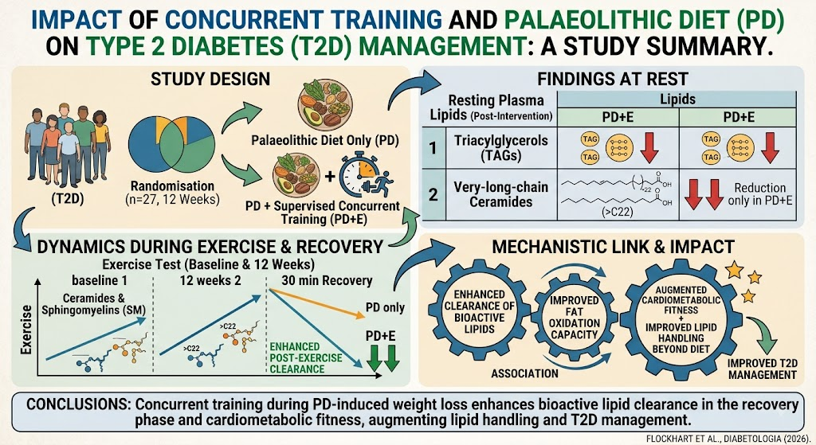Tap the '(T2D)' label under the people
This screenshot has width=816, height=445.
(x=68, y=199)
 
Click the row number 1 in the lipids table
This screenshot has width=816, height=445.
(x=433, y=148)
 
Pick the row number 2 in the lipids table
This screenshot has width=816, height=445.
(x=433, y=194)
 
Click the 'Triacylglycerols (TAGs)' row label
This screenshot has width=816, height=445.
(x=500, y=148)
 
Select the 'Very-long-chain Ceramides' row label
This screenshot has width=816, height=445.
(x=500, y=194)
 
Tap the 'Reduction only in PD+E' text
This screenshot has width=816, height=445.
(x=759, y=194)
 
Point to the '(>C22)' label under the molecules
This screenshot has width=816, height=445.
(x=618, y=212)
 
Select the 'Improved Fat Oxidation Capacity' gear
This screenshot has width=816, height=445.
(x=574, y=318)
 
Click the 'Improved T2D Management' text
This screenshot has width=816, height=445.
(x=762, y=369)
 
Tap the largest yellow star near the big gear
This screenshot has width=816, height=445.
(x=734, y=269)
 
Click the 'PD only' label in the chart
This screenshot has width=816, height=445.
(x=385, y=307)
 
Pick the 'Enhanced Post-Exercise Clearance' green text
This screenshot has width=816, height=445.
(x=305, y=357)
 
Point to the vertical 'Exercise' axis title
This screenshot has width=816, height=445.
(x=26, y=330)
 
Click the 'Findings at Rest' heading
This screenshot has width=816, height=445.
(x=613, y=79)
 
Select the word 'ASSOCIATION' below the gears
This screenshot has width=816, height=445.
(x=524, y=373)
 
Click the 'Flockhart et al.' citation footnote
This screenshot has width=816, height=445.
(x=728, y=439)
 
